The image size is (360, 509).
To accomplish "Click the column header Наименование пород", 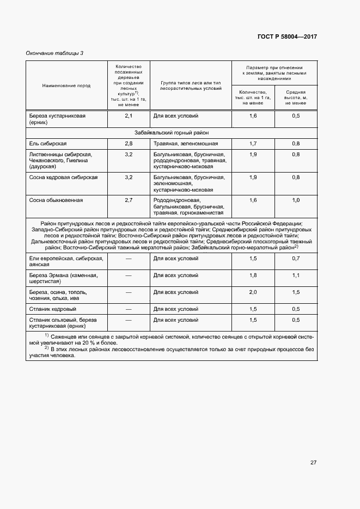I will (x=66, y=85).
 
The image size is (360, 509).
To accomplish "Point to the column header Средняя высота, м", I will (x=296, y=97).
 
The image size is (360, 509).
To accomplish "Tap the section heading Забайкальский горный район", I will (x=171, y=133).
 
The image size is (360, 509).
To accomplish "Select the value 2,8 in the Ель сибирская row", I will (x=129, y=144).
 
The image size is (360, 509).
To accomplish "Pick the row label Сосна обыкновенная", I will (x=56, y=200).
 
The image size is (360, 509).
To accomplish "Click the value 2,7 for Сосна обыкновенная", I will (x=129, y=200).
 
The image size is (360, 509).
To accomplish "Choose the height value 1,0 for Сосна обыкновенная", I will (x=296, y=200).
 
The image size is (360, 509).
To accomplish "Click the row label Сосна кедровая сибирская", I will (x=63, y=177).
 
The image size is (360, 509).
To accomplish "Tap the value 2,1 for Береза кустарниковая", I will (x=129, y=116).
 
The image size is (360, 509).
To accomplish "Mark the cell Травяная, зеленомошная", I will (x=185, y=144).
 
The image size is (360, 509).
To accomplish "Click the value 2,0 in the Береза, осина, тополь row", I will (x=253, y=292).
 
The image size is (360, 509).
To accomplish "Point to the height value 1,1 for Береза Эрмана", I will (x=296, y=275).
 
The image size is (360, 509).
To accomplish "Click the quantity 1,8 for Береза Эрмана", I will (x=253, y=275).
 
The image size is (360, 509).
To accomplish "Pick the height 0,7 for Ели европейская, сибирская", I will (x=296, y=259).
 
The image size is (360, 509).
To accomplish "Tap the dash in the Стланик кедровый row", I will (x=129, y=309).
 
